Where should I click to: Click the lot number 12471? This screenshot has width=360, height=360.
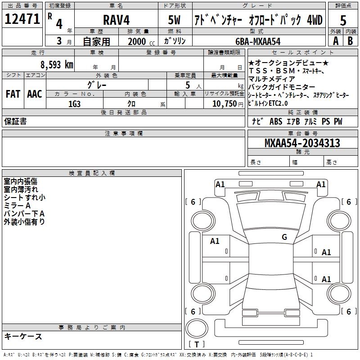tap(23, 19)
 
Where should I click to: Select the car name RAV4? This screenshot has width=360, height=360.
tap(115, 20)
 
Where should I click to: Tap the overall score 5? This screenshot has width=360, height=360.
tap(343, 20)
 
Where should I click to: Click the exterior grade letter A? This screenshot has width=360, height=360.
tap(336, 40)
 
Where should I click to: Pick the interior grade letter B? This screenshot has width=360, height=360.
tap(351, 40)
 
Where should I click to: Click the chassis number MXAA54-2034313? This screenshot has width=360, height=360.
tap(302, 143)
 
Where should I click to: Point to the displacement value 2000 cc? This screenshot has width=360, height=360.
tap(139, 41)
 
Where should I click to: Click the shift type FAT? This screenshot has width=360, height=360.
tap(13, 94)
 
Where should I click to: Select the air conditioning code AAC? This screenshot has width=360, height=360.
tap(34, 94)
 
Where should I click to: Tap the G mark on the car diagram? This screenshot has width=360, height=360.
tap(284, 237)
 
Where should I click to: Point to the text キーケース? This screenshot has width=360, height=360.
tap(23, 336)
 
